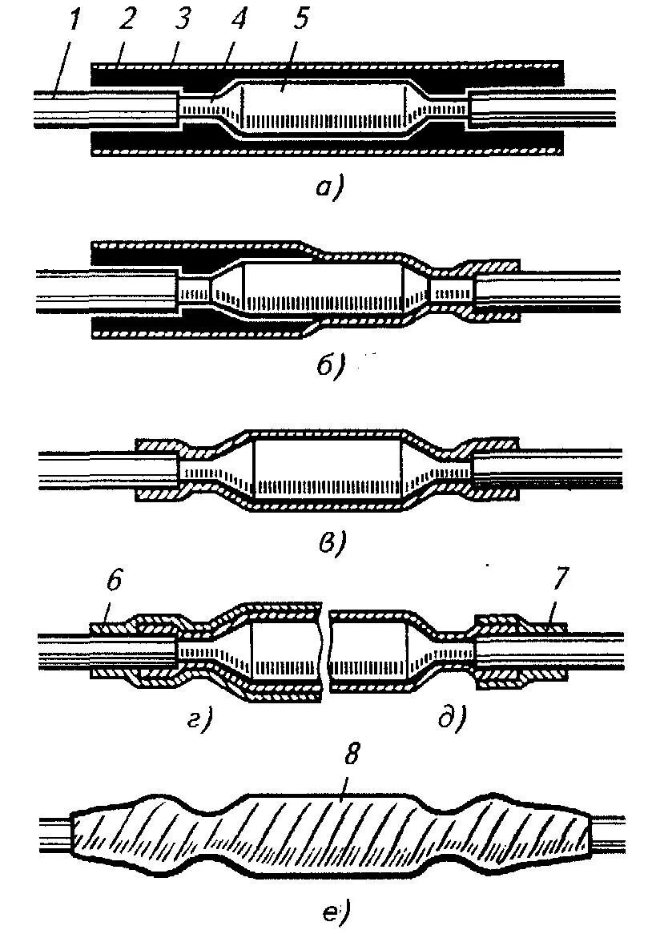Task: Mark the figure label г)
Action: coord(199,720)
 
